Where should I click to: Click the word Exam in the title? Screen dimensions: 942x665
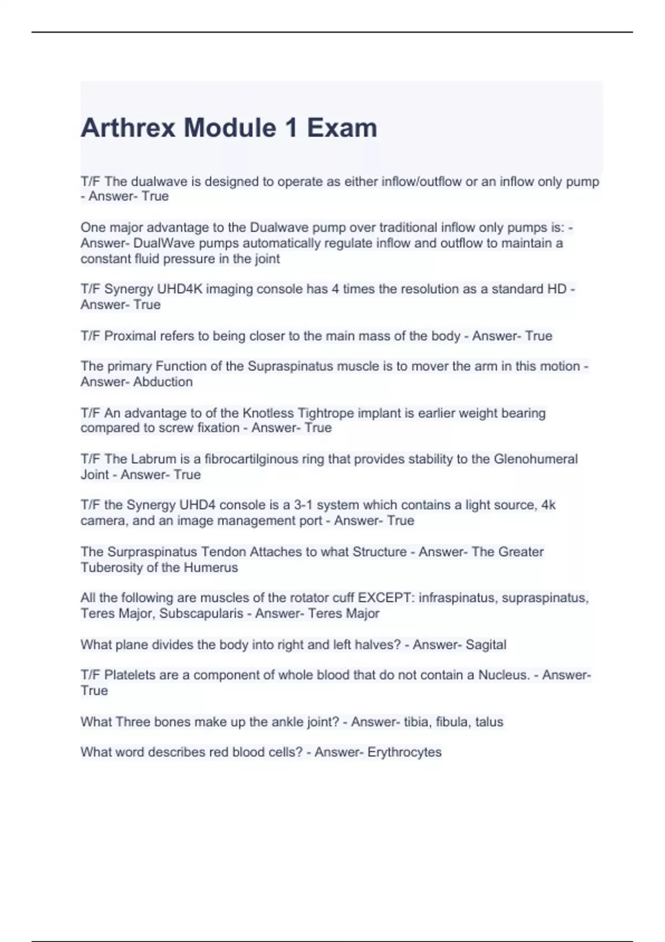coord(342,128)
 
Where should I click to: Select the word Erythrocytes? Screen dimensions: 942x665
coord(405,752)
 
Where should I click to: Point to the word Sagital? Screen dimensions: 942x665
coord(485,644)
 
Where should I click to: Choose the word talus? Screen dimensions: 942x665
coord(489,721)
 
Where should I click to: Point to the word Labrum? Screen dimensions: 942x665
coord(150,459)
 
